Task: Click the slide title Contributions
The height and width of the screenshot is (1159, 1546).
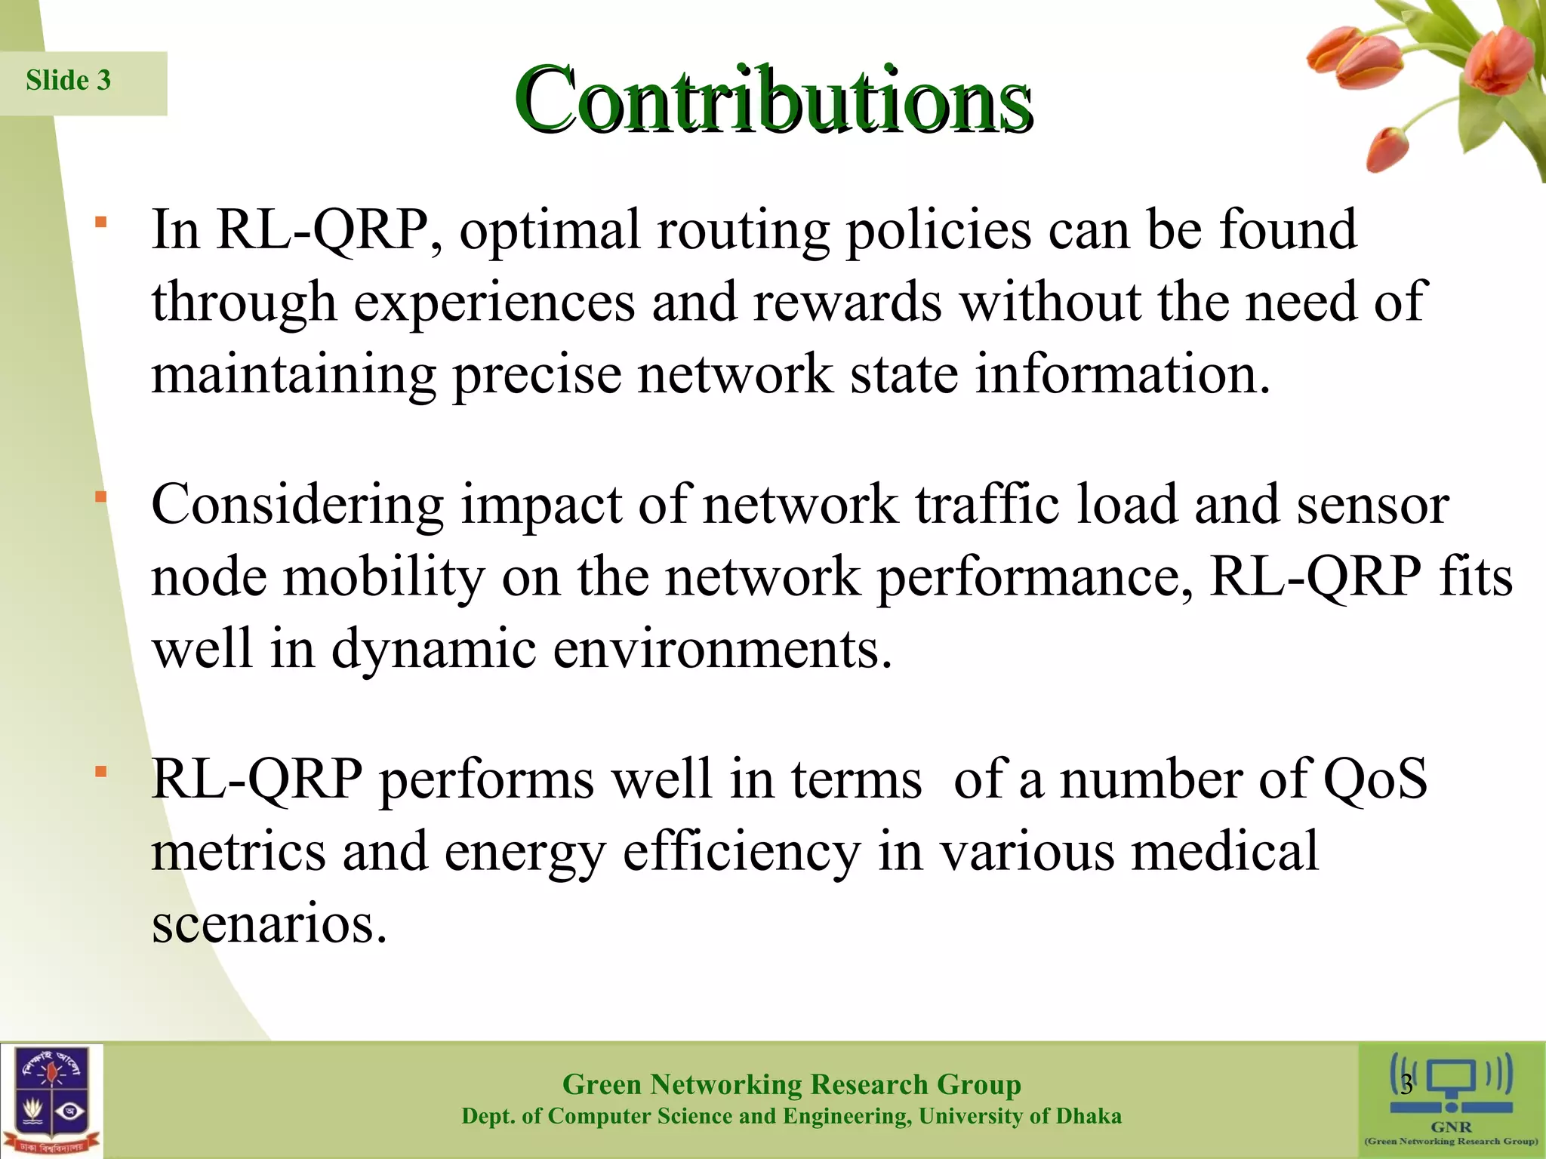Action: click(773, 100)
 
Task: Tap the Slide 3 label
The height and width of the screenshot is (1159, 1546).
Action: click(69, 81)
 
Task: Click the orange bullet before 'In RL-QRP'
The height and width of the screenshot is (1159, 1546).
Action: click(101, 223)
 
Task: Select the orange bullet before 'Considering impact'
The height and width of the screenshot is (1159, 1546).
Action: click(101, 497)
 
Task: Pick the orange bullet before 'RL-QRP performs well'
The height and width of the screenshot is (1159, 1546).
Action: click(101, 772)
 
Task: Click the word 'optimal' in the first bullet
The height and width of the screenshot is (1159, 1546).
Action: click(550, 230)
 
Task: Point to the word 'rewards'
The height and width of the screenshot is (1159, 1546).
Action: click(847, 303)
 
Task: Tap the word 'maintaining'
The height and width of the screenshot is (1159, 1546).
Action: click(294, 375)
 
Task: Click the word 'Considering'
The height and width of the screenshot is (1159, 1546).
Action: click(297, 506)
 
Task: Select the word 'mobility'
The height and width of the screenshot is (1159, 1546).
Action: click(383, 578)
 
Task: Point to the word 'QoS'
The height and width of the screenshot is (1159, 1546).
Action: click(1375, 779)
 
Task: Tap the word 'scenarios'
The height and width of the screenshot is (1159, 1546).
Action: click(269, 924)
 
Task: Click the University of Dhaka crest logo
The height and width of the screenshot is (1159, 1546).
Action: click(51, 1100)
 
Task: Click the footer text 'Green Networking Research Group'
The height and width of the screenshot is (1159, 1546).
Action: click(791, 1085)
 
